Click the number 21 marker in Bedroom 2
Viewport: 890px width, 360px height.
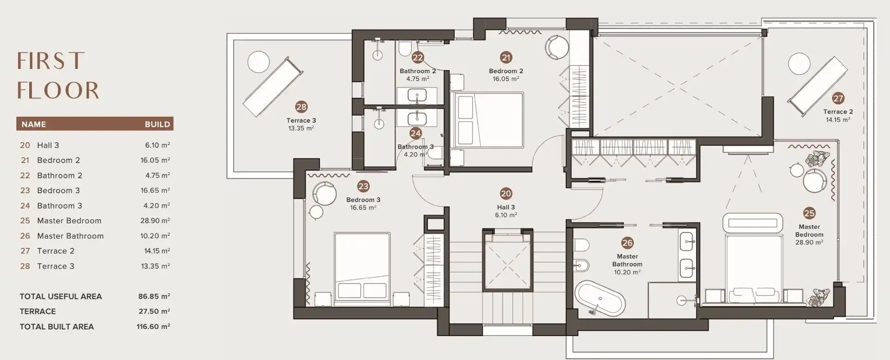point(506,57)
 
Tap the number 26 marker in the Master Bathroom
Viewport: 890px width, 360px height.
point(627,243)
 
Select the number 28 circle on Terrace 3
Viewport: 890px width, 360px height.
point(301,107)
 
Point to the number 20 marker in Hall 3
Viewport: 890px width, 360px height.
point(506,194)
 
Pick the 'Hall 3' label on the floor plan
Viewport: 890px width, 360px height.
point(506,207)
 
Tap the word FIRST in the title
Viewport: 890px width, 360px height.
point(51,61)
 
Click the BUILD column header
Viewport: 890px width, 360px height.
point(157,124)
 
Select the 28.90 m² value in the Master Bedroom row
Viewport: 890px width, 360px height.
point(155,221)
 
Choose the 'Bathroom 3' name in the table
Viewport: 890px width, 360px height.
point(59,206)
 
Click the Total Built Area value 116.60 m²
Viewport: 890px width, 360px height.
point(153,327)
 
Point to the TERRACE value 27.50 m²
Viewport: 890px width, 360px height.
point(154,311)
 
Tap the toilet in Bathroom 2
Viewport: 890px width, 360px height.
point(405,48)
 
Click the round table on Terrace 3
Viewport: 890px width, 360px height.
point(258,62)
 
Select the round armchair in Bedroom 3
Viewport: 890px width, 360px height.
point(324,194)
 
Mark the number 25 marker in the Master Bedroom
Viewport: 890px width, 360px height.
point(809,213)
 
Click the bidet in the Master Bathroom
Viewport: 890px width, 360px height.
point(581,266)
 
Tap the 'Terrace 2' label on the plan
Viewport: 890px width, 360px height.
point(838,112)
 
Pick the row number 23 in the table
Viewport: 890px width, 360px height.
point(25,190)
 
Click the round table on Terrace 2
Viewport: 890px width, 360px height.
point(799,64)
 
